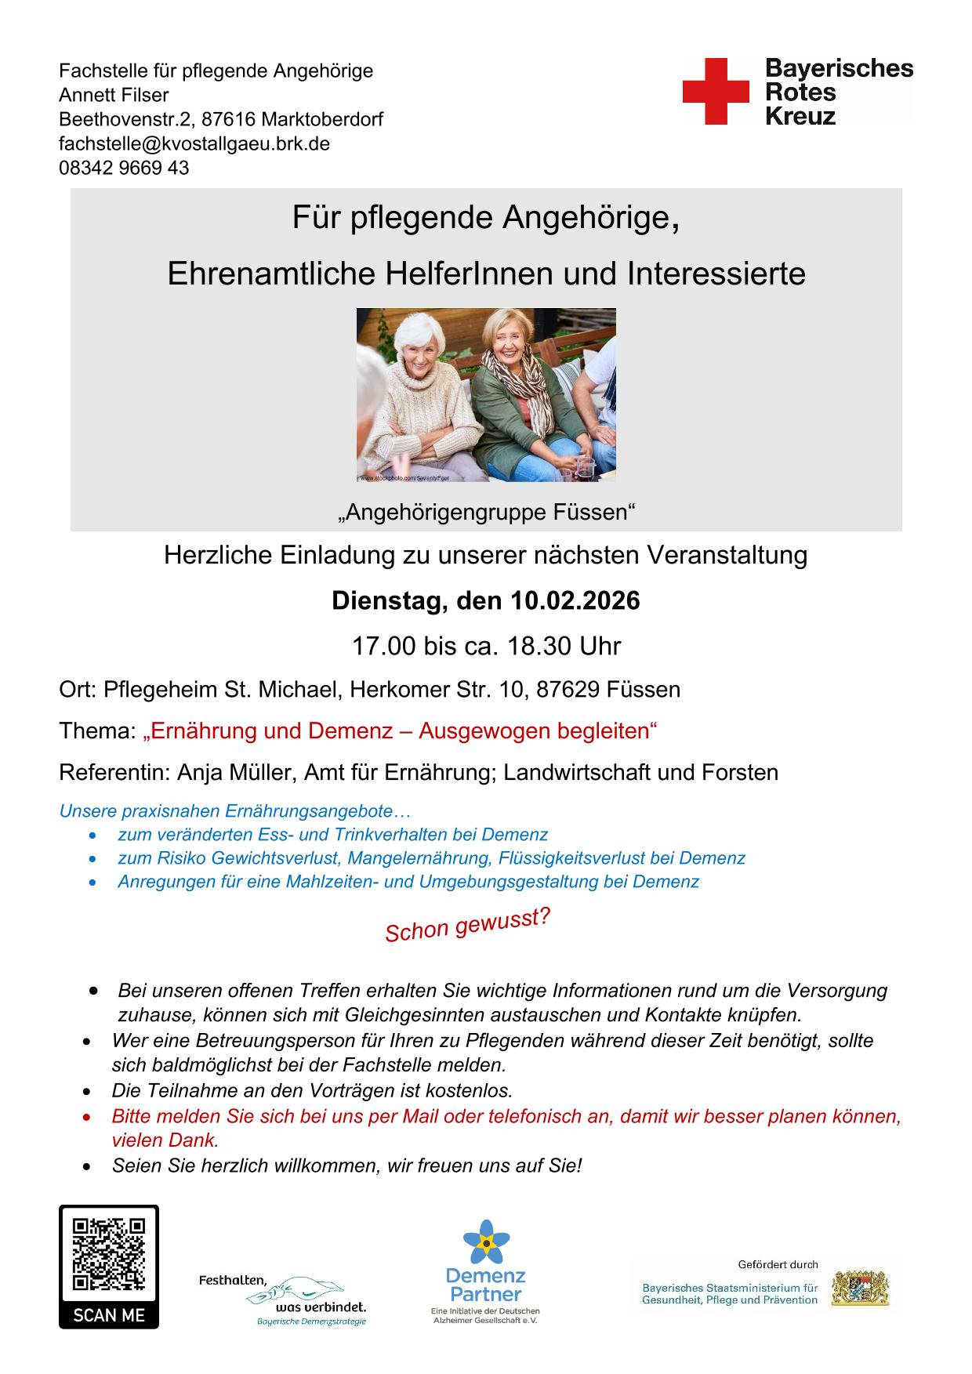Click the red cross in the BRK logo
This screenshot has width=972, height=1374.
(x=716, y=91)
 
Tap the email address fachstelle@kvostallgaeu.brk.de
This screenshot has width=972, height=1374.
(x=194, y=143)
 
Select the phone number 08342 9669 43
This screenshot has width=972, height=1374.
(x=124, y=168)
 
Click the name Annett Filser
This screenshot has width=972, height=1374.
(x=114, y=95)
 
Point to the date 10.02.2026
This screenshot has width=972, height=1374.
(x=575, y=601)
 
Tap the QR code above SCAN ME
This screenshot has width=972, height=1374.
(x=108, y=1254)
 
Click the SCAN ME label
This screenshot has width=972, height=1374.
(x=108, y=1314)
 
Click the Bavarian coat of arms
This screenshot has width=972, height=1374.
(x=860, y=1288)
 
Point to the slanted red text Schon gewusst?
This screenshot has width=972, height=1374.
(x=467, y=925)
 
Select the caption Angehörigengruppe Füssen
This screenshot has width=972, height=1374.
(x=486, y=513)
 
